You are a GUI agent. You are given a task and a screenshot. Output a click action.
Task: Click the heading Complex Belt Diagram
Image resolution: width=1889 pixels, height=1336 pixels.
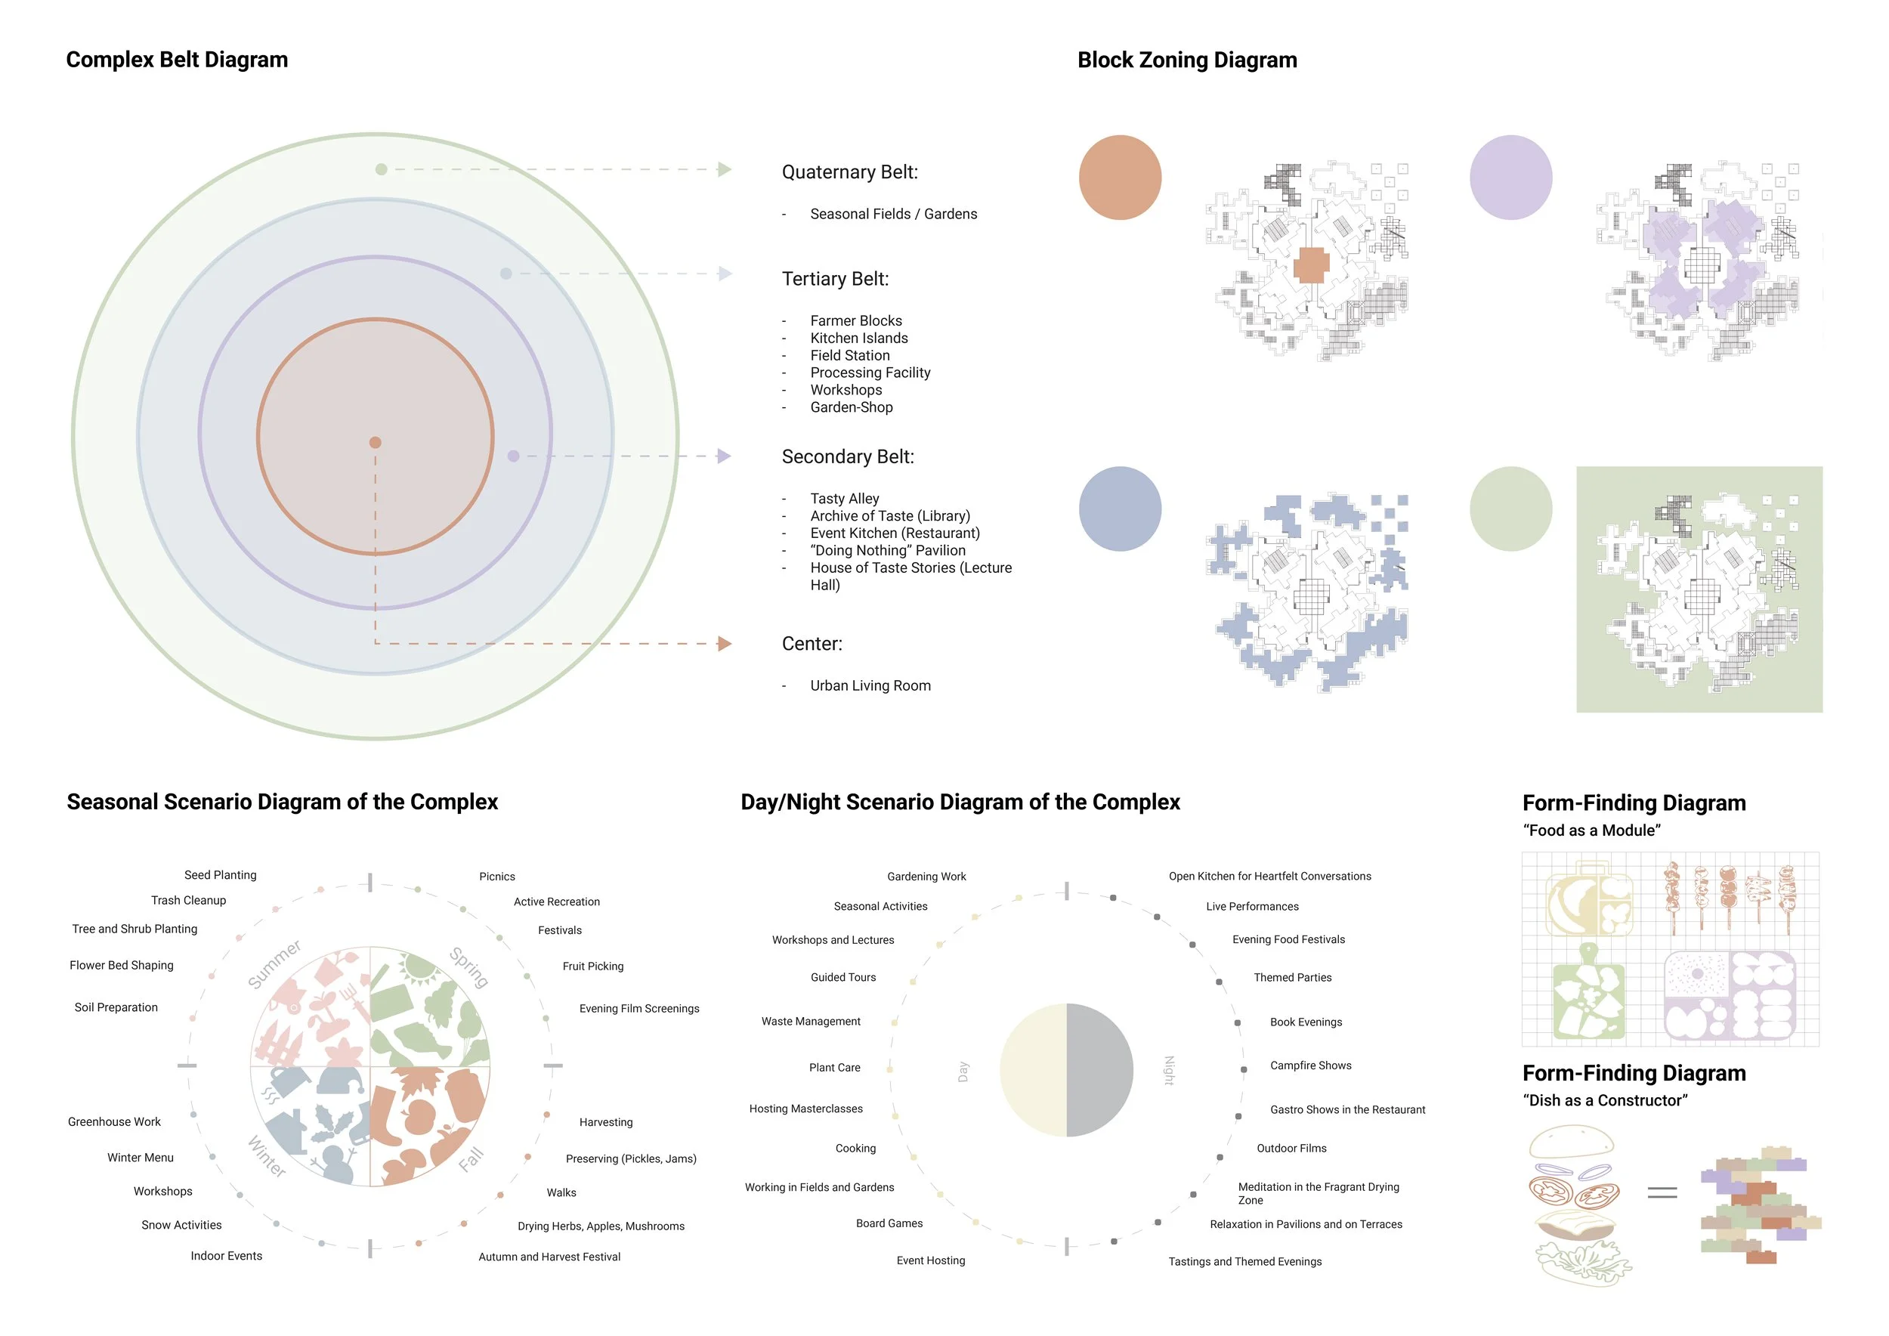pyautogui.click(x=177, y=60)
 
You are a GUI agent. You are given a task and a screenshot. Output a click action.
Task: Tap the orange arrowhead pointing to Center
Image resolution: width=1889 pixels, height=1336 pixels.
pyautogui.click(x=724, y=643)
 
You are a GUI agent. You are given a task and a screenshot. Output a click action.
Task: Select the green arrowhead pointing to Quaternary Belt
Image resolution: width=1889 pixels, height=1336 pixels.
pyautogui.click(x=724, y=169)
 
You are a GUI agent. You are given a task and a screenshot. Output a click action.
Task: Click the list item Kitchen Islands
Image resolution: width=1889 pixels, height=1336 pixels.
pyautogui.click(x=858, y=338)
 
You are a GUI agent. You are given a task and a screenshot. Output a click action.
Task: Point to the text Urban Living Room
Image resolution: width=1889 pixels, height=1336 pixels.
pyautogui.click(x=870, y=685)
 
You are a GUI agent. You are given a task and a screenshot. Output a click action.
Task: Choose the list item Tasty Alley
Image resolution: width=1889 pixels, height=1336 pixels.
pyautogui.click(x=844, y=499)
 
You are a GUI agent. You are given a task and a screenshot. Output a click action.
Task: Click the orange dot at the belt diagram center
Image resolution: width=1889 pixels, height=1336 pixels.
pyautogui.click(x=376, y=443)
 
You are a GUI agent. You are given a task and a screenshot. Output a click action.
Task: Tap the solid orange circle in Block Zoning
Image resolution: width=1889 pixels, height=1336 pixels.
pyautogui.click(x=1120, y=178)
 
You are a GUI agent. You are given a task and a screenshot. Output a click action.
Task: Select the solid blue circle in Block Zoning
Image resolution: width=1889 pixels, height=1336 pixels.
pyautogui.click(x=1120, y=509)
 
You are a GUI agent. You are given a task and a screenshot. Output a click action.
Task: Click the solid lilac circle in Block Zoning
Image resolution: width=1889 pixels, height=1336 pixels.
pyautogui.click(x=1510, y=178)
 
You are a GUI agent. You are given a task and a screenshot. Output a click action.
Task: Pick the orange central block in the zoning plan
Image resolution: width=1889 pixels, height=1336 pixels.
pyautogui.click(x=1311, y=266)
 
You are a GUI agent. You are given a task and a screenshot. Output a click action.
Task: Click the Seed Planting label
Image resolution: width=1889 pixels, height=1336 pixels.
pyautogui.click(x=220, y=875)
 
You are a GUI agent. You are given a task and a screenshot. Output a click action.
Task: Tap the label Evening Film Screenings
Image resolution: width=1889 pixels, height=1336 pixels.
pyautogui.click(x=638, y=1009)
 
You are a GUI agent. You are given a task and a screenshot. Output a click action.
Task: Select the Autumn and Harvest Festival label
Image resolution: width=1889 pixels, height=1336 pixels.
pyautogui.click(x=549, y=1257)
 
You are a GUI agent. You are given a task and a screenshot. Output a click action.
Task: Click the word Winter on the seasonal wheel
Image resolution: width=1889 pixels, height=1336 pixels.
pyautogui.click(x=267, y=1157)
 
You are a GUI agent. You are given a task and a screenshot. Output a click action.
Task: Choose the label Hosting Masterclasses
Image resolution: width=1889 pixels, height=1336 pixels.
pyautogui.click(x=805, y=1109)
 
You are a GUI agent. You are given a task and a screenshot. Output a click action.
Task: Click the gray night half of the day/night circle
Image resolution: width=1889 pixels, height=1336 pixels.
pyautogui.click(x=1099, y=1070)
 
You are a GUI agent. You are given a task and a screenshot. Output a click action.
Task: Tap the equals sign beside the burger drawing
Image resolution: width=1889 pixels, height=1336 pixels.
pyautogui.click(x=1662, y=1192)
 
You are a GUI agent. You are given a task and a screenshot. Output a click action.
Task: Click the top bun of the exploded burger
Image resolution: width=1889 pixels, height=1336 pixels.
pyautogui.click(x=1571, y=1142)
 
